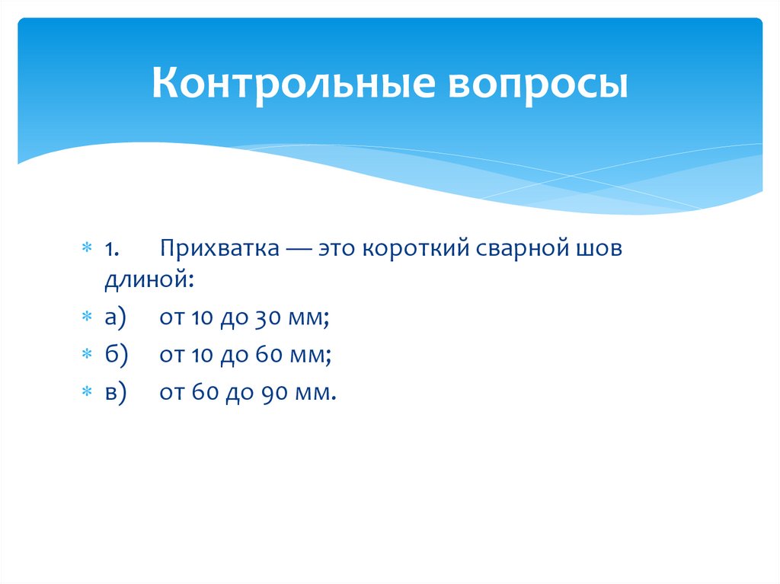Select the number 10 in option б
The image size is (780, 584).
pos(195,354)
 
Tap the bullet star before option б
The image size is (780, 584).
pos(87,354)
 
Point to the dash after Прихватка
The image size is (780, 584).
pos(292,250)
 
